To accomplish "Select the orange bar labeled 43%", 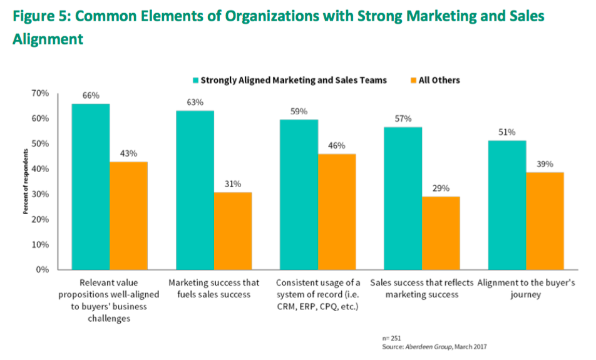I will pos(128,216).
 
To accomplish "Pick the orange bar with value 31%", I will pos(233,231).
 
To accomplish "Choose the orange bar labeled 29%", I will pos(441,234).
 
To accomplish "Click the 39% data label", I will pos(545,164).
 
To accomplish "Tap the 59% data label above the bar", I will pos(299,111).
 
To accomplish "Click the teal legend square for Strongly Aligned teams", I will pos(195,80).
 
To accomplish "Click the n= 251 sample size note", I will pos(392,337).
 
